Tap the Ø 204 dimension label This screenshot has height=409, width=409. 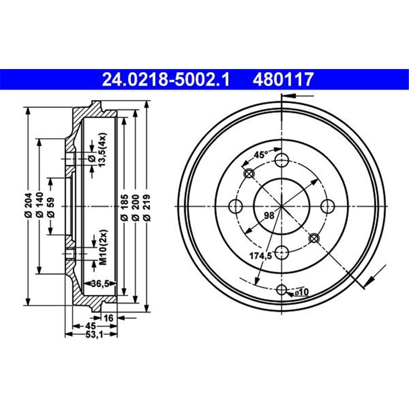point(28,205)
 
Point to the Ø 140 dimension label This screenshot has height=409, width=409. point(39,205)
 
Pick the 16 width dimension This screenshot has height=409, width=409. point(108,318)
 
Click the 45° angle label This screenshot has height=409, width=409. point(262,154)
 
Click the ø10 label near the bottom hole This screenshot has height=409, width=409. point(302,292)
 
